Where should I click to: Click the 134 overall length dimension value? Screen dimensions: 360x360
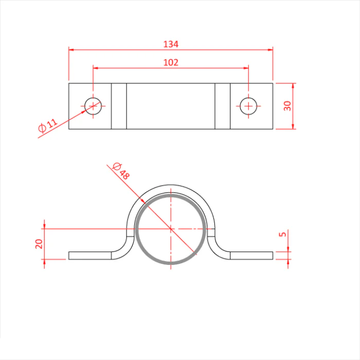click(x=171, y=44)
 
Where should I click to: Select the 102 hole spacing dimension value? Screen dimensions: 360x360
click(x=171, y=62)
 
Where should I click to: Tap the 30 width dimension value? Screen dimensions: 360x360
click(x=287, y=106)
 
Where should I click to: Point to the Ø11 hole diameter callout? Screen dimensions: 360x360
click(x=48, y=125)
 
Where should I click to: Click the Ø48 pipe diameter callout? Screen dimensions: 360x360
click(x=121, y=171)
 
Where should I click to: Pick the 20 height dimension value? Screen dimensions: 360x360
click(x=39, y=244)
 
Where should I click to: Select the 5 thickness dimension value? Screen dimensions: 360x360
click(x=282, y=234)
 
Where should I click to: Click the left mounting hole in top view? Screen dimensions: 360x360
click(x=93, y=106)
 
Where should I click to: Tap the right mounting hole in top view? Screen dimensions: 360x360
click(x=248, y=106)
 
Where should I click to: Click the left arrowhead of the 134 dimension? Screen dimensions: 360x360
click(x=71, y=49)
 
